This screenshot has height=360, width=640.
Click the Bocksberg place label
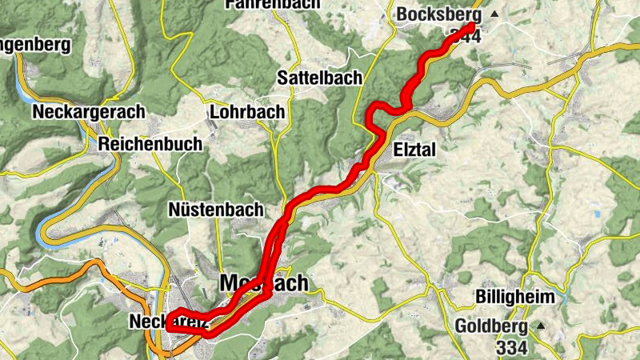click(x=439, y=15)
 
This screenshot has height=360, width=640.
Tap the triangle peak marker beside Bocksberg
click(x=494, y=14)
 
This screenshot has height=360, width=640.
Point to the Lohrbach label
click(x=246, y=112)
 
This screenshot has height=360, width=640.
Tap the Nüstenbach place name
click(x=216, y=210)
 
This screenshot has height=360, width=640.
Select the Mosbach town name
click(x=263, y=284)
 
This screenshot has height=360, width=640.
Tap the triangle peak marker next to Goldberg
click(x=540, y=326)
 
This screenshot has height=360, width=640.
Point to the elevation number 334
click(x=511, y=347)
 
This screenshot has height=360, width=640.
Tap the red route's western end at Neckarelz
click(x=169, y=327)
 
